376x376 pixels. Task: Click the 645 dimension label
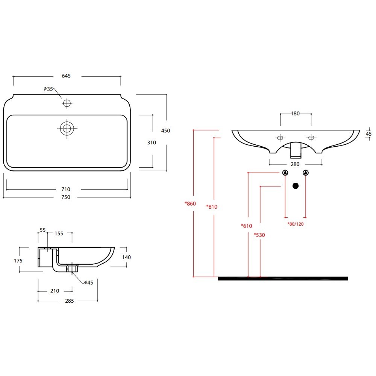66,76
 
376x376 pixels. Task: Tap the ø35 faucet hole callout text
48,89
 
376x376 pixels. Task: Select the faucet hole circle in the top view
67,103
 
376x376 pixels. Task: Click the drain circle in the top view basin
67,129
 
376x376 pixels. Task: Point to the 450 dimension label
165,131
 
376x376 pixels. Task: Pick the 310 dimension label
152,143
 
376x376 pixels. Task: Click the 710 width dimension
66,189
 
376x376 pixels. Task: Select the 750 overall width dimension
66,197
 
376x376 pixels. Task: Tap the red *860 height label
190,203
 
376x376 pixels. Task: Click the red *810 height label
212,207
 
